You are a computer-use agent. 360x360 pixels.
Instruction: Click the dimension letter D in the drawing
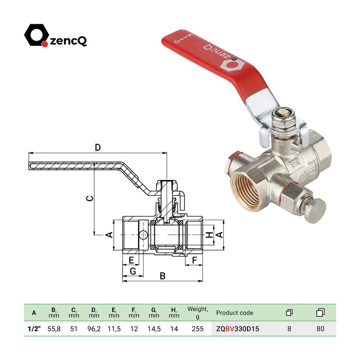click(x=97, y=147)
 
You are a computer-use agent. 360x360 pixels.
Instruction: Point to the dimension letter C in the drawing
click(x=90, y=198)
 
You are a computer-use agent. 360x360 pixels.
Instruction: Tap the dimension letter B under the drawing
click(x=162, y=275)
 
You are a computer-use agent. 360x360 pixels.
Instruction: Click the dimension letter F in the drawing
click(x=195, y=260)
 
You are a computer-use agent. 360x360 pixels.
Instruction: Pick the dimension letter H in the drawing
click(x=208, y=235)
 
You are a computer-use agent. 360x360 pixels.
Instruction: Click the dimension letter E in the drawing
click(x=131, y=260)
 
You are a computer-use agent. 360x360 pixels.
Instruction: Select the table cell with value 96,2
click(x=94, y=328)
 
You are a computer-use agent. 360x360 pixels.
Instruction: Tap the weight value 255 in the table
click(x=198, y=328)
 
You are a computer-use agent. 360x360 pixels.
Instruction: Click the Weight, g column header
click(x=198, y=312)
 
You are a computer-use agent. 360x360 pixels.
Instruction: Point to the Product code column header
click(x=234, y=313)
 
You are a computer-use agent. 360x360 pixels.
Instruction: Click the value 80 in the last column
click(x=320, y=328)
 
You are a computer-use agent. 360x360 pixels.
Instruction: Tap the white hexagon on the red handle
click(x=230, y=65)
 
